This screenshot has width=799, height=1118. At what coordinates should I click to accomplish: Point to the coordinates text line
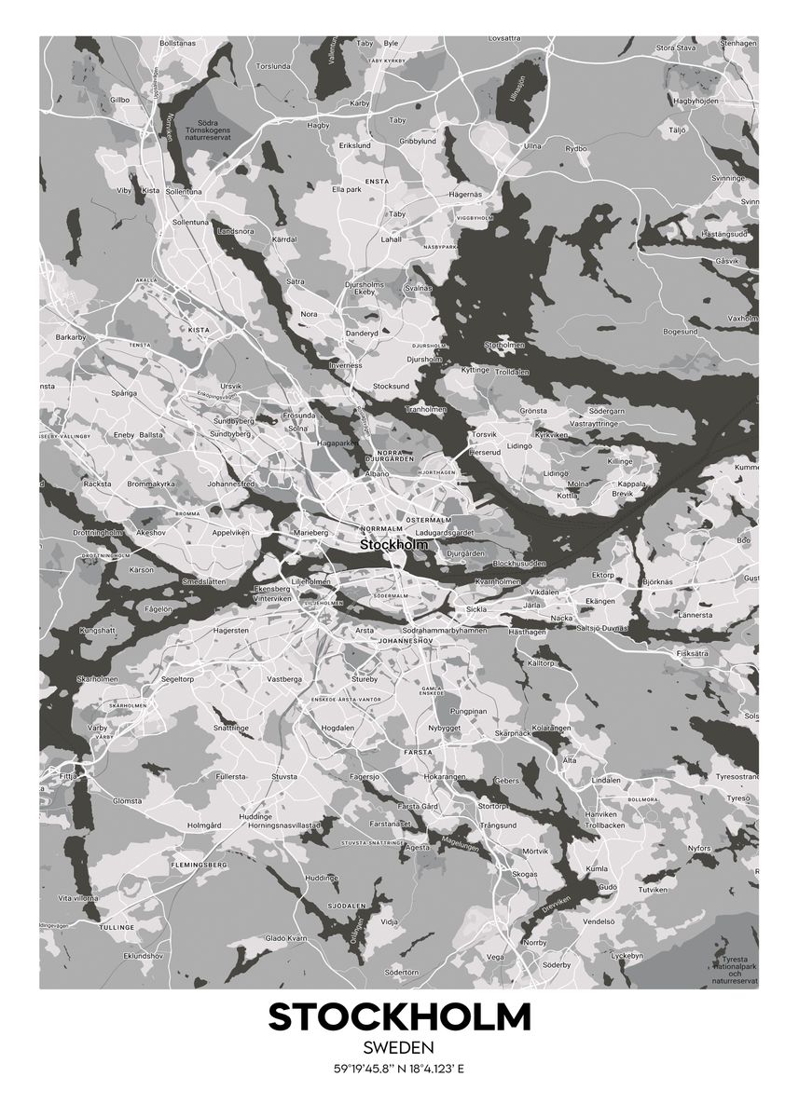coord(399,1069)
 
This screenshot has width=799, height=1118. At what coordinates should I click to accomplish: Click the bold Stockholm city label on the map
coord(393,544)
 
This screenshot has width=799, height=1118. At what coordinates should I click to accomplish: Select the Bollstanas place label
coord(177,43)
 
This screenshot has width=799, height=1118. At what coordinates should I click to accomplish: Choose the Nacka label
coord(561,618)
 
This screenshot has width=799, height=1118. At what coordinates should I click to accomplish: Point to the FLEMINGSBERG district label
coord(200,866)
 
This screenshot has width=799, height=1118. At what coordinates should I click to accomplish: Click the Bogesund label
coord(680,332)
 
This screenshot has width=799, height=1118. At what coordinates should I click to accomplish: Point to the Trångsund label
coord(499,825)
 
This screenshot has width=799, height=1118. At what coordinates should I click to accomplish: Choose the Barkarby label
coord(70,336)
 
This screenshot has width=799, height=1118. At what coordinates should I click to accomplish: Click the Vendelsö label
coord(599,921)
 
